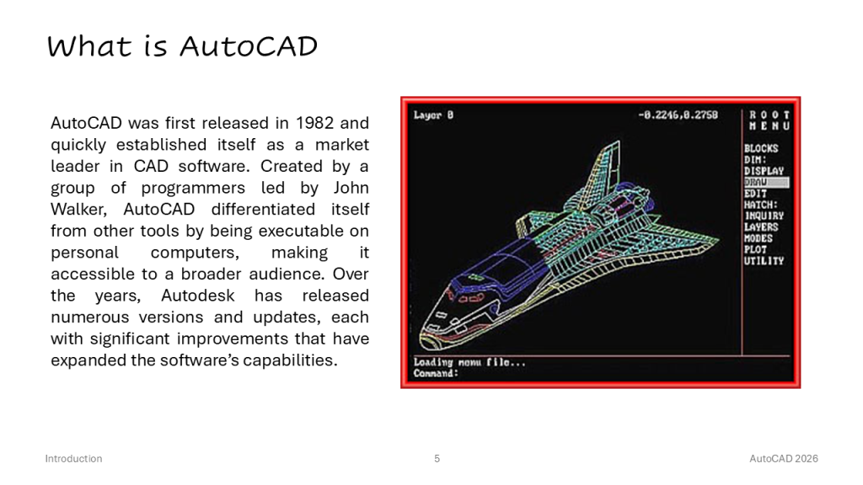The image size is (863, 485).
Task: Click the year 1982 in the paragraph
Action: point(314,123)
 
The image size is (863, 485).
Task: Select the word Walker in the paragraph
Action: point(78,209)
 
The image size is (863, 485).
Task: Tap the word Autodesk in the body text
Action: point(197,296)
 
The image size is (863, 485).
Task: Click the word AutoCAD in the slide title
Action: point(249,46)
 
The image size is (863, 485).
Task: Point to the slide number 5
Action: point(437,459)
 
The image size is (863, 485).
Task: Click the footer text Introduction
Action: point(74,459)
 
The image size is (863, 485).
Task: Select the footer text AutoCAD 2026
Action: point(784,459)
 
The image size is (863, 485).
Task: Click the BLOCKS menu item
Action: point(761,148)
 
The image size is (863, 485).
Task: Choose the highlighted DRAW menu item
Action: point(766,182)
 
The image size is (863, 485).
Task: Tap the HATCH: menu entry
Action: point(761,205)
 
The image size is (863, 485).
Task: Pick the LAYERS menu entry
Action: point(761,227)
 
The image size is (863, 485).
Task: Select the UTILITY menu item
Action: point(764,261)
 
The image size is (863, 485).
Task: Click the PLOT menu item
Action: point(755,249)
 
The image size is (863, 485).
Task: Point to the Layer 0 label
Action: point(434,115)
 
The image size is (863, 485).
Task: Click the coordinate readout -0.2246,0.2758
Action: point(678,115)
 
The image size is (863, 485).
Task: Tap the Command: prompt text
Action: point(436,373)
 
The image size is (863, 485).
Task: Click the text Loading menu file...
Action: point(469,362)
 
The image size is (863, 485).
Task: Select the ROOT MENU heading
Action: point(769,120)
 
